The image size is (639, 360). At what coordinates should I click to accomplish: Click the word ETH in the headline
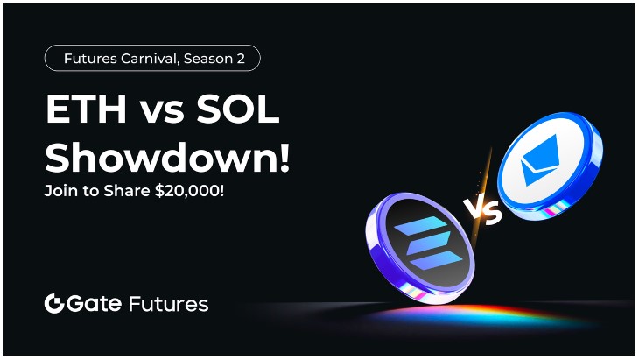coord(87,110)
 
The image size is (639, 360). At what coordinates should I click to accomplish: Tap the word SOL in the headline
coord(238,110)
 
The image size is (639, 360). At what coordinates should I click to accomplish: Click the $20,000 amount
coord(189,191)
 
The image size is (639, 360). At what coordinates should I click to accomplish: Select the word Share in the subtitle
coord(126,191)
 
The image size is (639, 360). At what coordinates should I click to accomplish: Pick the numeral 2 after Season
coord(241,59)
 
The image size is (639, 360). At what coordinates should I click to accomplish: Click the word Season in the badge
coord(207,59)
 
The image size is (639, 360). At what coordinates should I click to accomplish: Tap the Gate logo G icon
coord(54,303)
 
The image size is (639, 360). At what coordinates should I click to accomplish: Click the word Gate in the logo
coord(95,304)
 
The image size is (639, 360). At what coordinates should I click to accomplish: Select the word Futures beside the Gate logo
coord(168,304)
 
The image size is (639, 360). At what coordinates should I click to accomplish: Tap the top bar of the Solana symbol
coord(422,225)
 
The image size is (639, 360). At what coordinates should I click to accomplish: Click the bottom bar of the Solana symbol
coord(436,260)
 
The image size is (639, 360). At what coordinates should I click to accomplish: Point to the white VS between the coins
coord(483,211)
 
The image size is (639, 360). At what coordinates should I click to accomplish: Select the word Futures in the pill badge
coord(90,59)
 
